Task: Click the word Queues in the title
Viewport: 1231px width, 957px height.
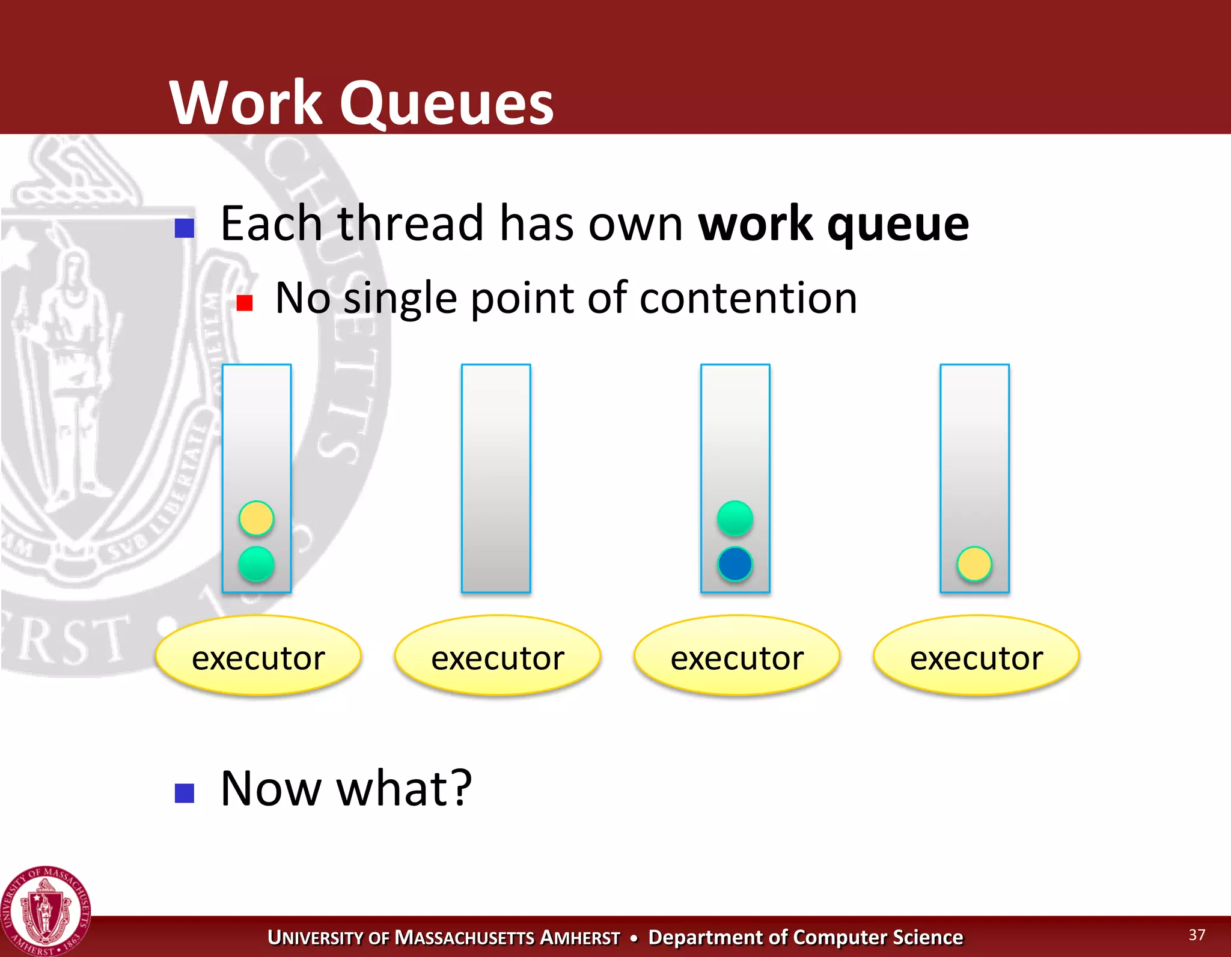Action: pos(446,103)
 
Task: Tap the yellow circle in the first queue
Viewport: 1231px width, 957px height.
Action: pos(256,518)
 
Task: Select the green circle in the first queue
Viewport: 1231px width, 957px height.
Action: pos(256,564)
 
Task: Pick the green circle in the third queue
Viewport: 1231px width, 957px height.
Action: pos(735,518)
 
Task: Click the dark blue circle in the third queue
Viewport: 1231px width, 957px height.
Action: pos(735,564)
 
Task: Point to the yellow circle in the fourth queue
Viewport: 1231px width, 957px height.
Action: pos(974,564)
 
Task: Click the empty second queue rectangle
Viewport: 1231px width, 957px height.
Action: pos(496,478)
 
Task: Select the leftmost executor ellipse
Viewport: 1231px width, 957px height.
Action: pos(258,655)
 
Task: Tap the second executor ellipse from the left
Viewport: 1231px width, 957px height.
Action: pos(497,655)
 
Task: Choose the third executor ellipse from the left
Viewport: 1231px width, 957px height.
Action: pos(736,655)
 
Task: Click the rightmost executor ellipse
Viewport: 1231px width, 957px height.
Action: pos(976,655)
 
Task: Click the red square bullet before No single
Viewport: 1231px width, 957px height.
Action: pos(244,303)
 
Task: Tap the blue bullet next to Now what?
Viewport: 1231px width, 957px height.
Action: pos(184,793)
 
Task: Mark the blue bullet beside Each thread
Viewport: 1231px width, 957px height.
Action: pos(184,228)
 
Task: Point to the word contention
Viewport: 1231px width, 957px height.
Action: pos(748,298)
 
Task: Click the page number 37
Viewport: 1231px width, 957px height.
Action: pos(1197,934)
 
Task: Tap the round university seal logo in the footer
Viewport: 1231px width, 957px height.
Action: pos(46,911)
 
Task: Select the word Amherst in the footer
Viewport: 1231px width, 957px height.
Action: pos(579,937)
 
